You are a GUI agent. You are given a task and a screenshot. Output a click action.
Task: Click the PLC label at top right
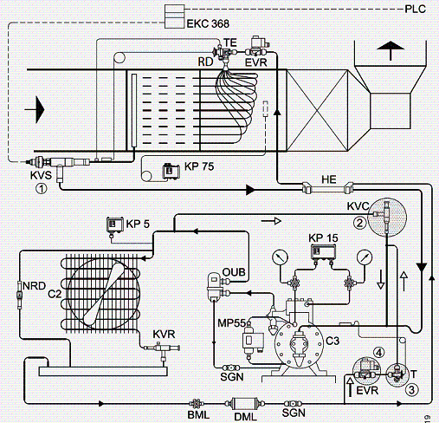point(415,9)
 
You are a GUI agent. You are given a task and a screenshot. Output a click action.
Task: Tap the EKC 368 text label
point(208,23)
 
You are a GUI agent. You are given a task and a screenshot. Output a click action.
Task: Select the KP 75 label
point(199,166)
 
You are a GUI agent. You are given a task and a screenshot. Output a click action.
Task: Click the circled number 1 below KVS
point(42,189)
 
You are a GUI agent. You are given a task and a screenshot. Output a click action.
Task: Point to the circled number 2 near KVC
point(359,223)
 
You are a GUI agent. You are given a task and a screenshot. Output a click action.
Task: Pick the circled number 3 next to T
point(411,390)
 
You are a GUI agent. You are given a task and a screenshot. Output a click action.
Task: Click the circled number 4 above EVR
point(379,353)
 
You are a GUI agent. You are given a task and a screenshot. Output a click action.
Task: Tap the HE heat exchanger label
point(329,179)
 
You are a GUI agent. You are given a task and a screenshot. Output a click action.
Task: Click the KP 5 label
point(138,224)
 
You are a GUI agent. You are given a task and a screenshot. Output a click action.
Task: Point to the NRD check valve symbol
point(20,295)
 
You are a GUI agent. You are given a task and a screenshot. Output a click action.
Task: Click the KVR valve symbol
point(162,348)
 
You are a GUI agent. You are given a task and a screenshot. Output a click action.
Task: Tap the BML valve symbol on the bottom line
point(197,403)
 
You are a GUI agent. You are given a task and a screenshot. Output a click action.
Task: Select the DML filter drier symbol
point(245,403)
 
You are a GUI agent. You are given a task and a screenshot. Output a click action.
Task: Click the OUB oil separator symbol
point(215,287)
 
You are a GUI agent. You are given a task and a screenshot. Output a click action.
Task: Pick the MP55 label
point(231,323)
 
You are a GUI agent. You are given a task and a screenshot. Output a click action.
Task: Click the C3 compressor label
point(332,341)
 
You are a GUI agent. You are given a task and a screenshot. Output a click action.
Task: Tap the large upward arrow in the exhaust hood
point(391,50)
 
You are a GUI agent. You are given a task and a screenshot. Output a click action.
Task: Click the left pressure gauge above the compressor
point(280,257)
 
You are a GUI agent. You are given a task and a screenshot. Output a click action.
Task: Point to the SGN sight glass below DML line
point(294,404)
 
